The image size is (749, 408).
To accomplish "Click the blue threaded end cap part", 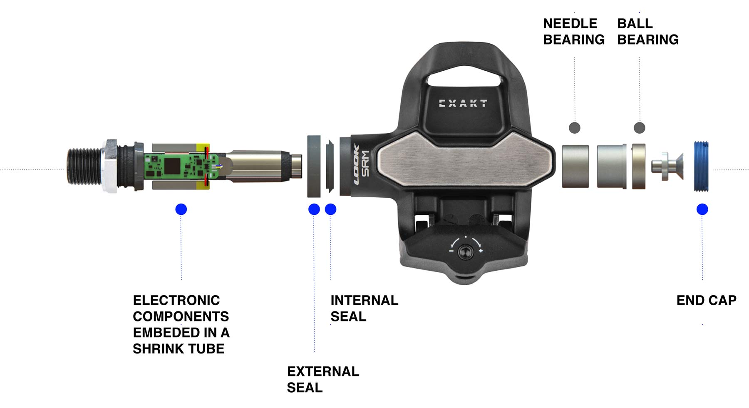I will click(701, 167).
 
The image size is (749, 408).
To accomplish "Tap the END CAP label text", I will click(706, 300).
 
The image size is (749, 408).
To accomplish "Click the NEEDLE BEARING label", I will click(573, 31).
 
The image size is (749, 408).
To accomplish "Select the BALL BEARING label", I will click(647, 31).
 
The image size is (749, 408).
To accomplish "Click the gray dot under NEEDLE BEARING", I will click(574, 128).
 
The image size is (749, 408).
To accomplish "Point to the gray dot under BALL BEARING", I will click(639, 128).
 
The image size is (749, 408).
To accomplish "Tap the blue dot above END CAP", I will click(702, 209).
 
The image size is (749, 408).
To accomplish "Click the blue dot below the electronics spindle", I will click(181, 209).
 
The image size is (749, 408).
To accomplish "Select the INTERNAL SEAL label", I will click(364, 308).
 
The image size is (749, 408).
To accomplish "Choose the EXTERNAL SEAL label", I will click(323, 379).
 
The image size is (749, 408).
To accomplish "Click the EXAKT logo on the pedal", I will click(463, 103).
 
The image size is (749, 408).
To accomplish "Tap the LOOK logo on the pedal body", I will click(356, 165).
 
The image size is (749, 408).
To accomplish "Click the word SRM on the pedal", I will click(365, 164).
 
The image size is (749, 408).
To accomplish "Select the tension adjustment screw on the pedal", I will click(465, 252).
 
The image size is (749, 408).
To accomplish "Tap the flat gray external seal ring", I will click(314, 166).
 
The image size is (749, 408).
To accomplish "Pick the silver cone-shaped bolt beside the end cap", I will click(668, 166).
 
